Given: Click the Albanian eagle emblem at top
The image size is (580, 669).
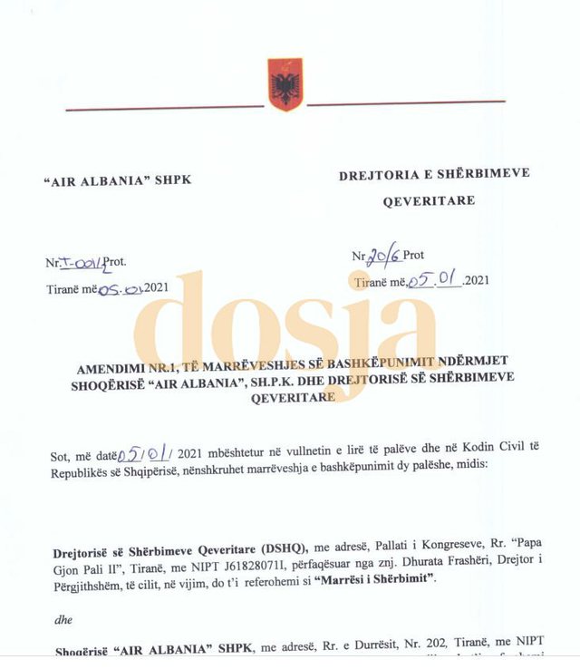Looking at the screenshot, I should pos(285,84).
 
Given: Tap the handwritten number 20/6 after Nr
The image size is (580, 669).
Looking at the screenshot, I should pos(383,256).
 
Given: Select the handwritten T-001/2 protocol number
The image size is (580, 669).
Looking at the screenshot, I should pos(84,264).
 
